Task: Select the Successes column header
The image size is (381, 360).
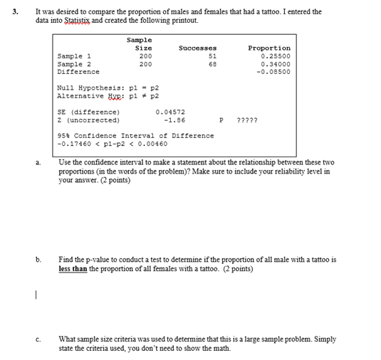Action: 198,48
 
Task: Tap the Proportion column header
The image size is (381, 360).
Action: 268,48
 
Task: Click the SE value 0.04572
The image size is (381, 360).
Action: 170,112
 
